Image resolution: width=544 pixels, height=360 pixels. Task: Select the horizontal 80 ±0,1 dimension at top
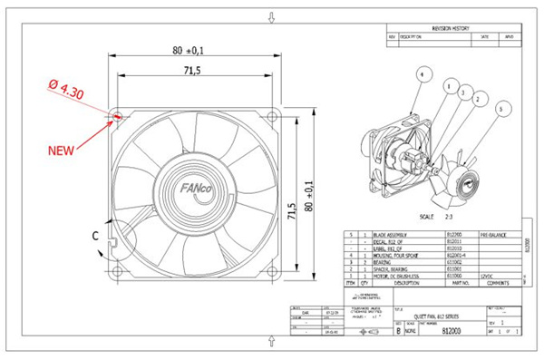pyautogui.click(x=188, y=51)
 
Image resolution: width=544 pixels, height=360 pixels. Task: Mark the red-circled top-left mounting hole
pyautogui.click(x=117, y=117)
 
